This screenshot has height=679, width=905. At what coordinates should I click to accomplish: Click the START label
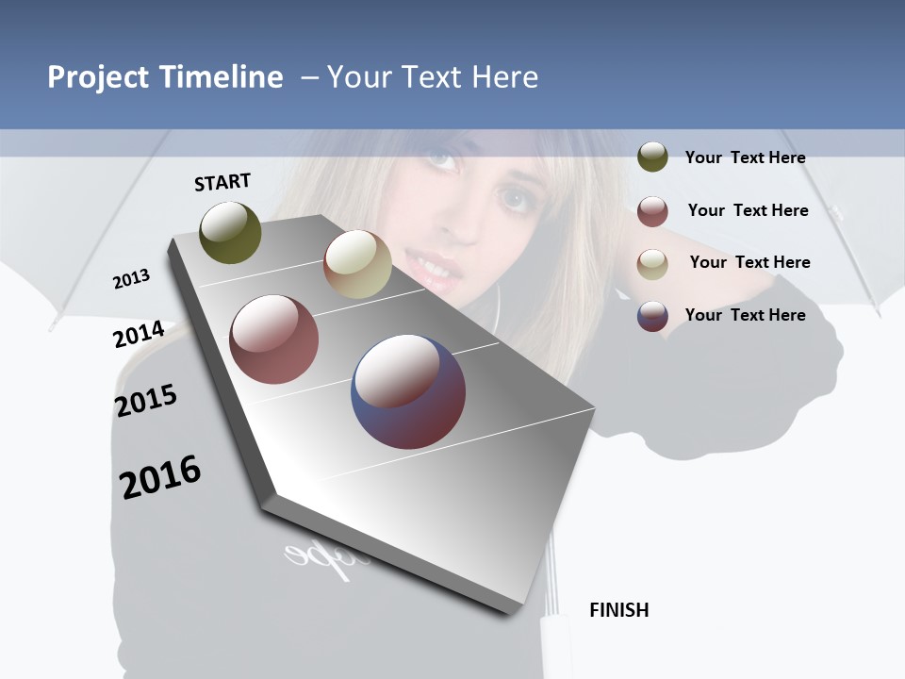tap(222, 182)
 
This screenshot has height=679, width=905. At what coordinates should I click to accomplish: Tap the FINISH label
tap(619, 610)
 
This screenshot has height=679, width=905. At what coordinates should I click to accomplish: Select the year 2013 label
tap(131, 278)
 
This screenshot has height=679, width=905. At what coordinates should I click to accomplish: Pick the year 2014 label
tap(139, 334)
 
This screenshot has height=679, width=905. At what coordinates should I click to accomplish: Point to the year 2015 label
tap(146, 401)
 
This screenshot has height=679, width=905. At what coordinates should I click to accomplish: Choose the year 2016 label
tap(160, 476)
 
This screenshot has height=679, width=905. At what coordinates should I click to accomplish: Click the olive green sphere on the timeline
tap(231, 232)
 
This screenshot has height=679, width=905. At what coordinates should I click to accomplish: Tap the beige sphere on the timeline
tap(357, 265)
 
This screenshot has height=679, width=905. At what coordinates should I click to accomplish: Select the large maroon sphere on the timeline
tap(274, 339)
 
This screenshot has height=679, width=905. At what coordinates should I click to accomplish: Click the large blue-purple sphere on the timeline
tap(408, 391)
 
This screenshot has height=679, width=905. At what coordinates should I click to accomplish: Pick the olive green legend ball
tap(652, 157)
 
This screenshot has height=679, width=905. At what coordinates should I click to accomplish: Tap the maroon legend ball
tap(652, 211)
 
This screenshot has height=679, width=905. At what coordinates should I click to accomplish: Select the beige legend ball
tap(652, 264)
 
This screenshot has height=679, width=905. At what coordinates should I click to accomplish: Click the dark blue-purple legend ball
tap(652, 316)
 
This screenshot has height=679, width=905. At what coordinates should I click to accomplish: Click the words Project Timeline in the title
tap(165, 77)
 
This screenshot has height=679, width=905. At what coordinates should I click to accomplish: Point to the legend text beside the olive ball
tap(745, 158)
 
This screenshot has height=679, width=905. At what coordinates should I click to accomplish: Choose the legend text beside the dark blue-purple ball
tap(745, 315)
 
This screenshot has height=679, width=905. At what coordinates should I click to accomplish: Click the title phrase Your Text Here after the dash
tap(433, 77)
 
